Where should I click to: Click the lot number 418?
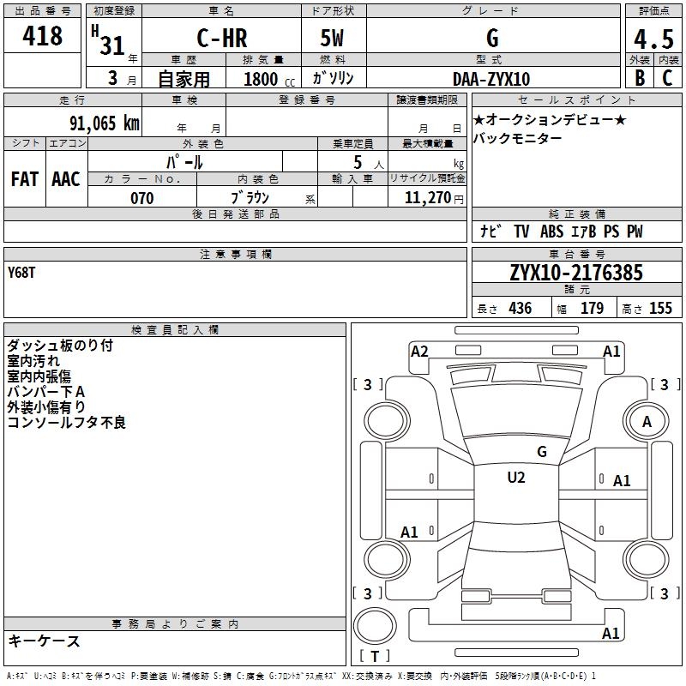43,36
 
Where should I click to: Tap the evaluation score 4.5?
653,39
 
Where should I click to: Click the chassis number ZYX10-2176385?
575,274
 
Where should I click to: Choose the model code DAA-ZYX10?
491,79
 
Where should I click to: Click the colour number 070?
141,198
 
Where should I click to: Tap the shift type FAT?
25,178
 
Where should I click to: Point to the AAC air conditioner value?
66,178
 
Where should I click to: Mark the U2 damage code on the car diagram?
515,478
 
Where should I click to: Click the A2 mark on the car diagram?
419,351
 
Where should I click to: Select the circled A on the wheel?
647,421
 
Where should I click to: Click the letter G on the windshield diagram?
541,451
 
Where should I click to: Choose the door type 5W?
333,39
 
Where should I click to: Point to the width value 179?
592,309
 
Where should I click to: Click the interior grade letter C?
667,79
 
